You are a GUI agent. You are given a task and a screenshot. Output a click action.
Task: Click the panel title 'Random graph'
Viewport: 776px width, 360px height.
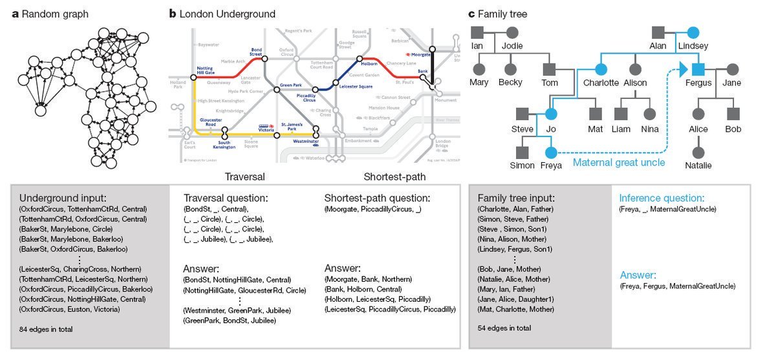point(54,14)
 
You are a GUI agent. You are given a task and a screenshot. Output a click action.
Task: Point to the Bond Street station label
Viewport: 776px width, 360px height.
point(256,51)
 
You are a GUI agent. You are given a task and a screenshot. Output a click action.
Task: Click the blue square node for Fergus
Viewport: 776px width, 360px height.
point(698,69)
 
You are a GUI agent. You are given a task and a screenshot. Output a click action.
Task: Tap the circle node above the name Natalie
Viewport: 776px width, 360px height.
point(698,153)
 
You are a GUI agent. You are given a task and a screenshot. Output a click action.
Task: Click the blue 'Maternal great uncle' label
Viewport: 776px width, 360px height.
point(619,162)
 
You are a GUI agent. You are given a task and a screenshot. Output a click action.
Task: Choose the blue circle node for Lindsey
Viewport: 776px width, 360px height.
point(693,32)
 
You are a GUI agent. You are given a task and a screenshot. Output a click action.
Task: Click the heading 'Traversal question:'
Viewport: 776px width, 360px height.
point(226,198)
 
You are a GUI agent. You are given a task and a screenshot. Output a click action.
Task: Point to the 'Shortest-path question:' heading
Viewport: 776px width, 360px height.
point(377,198)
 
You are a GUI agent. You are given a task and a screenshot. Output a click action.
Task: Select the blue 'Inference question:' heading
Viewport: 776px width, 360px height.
point(662,198)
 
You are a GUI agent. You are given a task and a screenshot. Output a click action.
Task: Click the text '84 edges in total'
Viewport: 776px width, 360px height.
point(46,329)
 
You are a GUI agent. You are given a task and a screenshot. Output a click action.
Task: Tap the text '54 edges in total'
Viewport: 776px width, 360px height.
point(504,328)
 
